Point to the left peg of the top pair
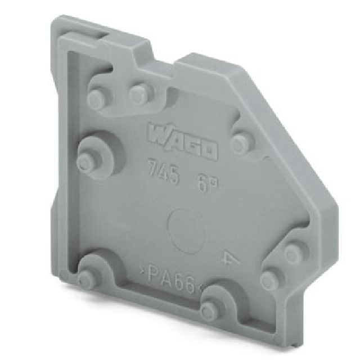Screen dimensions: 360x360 click(97, 100)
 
